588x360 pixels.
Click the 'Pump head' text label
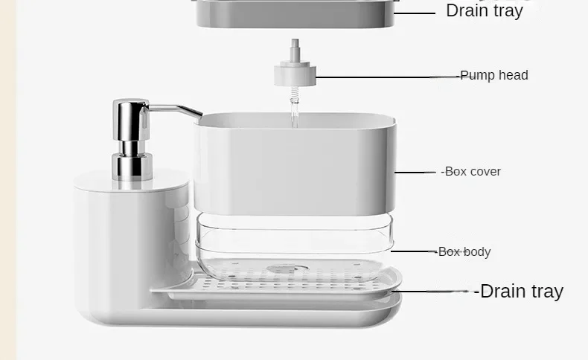(x=494, y=75)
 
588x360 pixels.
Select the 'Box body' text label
(x=464, y=251)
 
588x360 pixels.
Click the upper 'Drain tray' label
(x=485, y=10)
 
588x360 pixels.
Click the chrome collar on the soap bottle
(x=132, y=167)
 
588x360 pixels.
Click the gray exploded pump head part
(x=295, y=74)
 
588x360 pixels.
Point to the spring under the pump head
(x=295, y=95)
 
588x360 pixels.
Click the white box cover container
(x=295, y=165)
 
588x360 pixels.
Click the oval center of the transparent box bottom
(x=287, y=269)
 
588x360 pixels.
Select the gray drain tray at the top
(x=295, y=13)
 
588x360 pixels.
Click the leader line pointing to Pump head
(x=388, y=77)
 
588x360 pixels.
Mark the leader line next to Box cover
(x=415, y=173)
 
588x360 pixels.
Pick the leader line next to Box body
(x=414, y=251)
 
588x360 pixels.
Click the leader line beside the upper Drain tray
(x=415, y=13)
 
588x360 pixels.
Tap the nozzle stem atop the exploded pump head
(x=295, y=50)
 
